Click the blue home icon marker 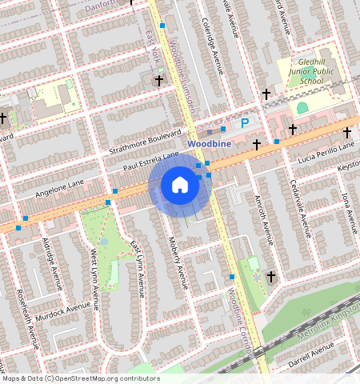tap(180, 186)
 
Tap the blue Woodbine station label tap(210, 143)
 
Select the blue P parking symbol tap(245, 122)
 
